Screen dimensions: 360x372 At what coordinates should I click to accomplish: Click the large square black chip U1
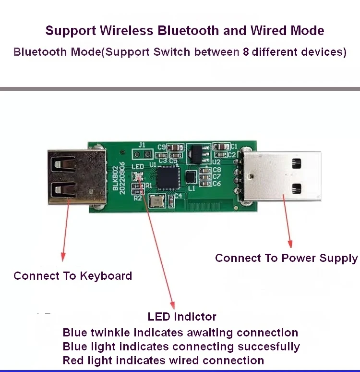click(x=168, y=178)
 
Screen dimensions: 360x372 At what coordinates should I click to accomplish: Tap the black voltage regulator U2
click(x=197, y=154)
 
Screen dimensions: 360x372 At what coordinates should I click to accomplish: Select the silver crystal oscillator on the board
click(x=156, y=201)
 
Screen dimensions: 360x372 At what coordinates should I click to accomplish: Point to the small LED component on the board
click(x=138, y=176)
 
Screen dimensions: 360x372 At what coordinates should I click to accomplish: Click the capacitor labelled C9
click(x=175, y=148)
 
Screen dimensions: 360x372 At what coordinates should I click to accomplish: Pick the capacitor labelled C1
click(x=221, y=147)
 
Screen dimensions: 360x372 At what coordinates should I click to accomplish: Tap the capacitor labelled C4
click(x=171, y=201)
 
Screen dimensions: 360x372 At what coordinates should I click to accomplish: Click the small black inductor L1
click(x=191, y=177)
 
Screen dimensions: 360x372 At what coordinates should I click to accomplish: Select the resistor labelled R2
click(x=138, y=192)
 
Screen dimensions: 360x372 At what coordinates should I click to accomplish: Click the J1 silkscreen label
click(x=142, y=145)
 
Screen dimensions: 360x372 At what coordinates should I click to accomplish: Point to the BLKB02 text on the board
click(x=115, y=178)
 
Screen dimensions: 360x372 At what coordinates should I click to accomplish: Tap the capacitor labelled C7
click(x=205, y=177)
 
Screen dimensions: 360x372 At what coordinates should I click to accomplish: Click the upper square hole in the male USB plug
click(x=297, y=163)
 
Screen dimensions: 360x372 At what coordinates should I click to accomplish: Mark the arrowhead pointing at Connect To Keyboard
click(x=63, y=257)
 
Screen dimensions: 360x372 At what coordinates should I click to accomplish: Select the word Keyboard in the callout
click(x=106, y=276)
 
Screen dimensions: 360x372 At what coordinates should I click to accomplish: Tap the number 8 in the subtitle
click(x=246, y=52)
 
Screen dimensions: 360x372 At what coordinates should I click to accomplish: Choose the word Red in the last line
click(x=73, y=360)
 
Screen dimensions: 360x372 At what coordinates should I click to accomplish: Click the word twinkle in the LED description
click(x=110, y=333)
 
